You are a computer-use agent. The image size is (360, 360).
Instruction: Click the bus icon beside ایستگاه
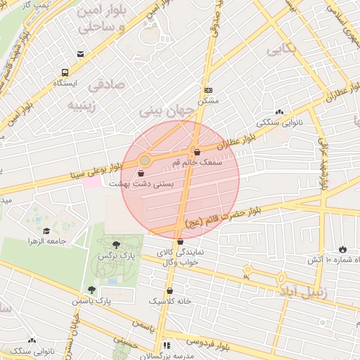[x=65, y=72]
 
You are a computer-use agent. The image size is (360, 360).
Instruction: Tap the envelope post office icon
[x=81, y=55]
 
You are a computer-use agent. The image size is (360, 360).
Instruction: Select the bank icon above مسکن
[x=208, y=91]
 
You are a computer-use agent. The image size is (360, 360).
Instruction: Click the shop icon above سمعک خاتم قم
[x=196, y=152]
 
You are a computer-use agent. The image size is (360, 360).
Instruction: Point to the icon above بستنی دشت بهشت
[x=141, y=172]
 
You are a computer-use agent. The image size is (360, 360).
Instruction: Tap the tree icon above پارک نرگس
[x=115, y=243]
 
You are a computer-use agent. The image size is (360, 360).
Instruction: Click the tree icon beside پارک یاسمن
[x=91, y=290]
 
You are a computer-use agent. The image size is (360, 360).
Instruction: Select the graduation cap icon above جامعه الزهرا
[x=46, y=231]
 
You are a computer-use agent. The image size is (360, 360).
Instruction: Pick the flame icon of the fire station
[x=342, y=249]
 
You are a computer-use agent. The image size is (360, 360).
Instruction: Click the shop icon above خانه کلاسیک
[x=169, y=290]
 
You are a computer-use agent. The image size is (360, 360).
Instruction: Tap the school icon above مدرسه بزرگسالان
[x=167, y=345]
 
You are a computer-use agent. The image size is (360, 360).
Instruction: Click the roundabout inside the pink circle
[x=144, y=161]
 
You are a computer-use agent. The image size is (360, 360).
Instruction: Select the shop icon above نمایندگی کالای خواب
[x=179, y=241]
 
